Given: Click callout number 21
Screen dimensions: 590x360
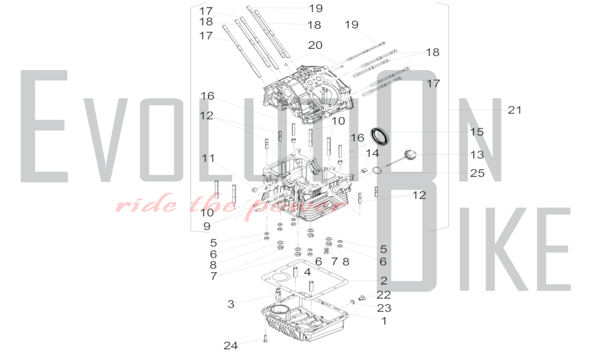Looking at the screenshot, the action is [x=514, y=110].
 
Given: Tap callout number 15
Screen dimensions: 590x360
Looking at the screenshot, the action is [x=477, y=132].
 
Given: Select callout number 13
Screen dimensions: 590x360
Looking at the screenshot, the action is [x=477, y=155].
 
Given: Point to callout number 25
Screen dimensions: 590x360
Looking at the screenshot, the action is [x=477, y=173].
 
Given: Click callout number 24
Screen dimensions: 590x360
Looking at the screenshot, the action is [x=231, y=346].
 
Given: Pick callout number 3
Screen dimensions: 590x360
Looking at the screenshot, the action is [x=231, y=304].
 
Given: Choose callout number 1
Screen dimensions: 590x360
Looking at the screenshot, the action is [x=384, y=321].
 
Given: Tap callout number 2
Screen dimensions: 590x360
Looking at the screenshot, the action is [x=384, y=281].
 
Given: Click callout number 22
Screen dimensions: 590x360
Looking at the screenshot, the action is [x=384, y=295].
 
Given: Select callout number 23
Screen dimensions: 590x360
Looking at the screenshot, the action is [x=384, y=308].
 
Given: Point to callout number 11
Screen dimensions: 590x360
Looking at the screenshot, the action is [x=208, y=158].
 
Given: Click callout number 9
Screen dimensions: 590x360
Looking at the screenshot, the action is [x=207, y=226].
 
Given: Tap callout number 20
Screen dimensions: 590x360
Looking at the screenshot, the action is [x=315, y=45].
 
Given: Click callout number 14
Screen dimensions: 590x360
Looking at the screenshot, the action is [x=372, y=153].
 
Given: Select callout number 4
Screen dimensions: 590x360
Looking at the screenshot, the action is [x=307, y=272].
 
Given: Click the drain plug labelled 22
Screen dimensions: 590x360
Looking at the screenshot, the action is [x=361, y=298].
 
